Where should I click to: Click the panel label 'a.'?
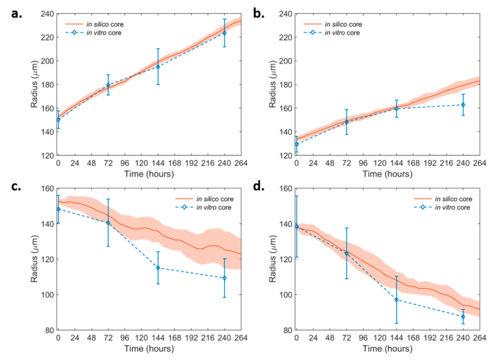pyautogui.click(x=16, y=14)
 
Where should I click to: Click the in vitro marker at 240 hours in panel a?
pyautogui.click(x=224, y=33)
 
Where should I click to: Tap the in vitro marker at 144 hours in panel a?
pyautogui.click(x=158, y=67)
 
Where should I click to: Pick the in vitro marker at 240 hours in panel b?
pyautogui.click(x=463, y=105)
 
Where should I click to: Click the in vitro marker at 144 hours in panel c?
pyautogui.click(x=158, y=268)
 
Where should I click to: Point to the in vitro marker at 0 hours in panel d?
pyautogui.click(x=297, y=227)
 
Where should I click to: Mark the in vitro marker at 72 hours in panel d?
pyautogui.click(x=347, y=254)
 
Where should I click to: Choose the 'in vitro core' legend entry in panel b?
pyautogui.click(x=342, y=33)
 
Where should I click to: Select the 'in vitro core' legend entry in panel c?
pyautogui.click(x=214, y=207)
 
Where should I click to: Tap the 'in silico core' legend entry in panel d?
pyautogui.click(x=453, y=199)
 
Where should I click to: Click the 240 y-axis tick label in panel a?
pyautogui.click(x=47, y=14)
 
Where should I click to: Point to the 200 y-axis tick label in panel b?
pyautogui.click(x=286, y=61)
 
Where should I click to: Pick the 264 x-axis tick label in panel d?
pyautogui.click(x=479, y=338)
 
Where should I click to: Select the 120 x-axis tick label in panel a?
pyautogui.click(x=142, y=163)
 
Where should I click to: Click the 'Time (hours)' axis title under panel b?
pyautogui.click(x=387, y=174)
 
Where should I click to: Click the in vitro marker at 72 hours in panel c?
pyautogui.click(x=108, y=223)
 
